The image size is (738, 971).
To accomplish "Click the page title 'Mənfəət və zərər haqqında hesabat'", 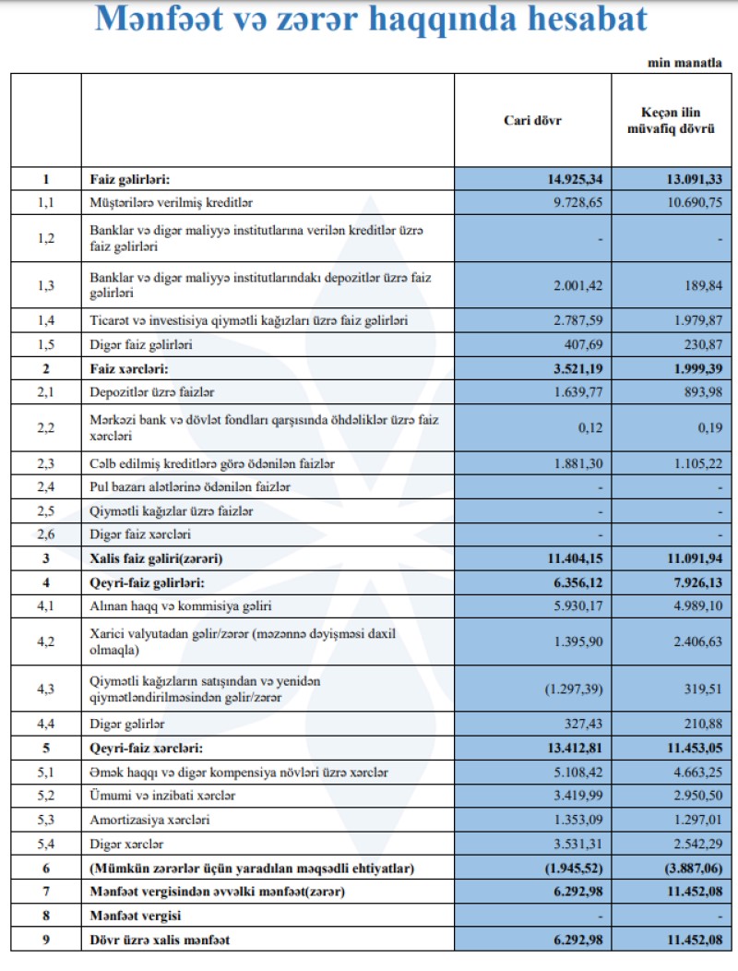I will click(x=370, y=20).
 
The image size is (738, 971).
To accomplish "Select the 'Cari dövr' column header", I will click(x=532, y=121).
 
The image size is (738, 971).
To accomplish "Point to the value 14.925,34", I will click(x=572, y=179).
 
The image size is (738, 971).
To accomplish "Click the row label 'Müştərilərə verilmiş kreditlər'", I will click(x=173, y=201).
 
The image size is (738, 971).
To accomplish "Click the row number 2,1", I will click(x=46, y=393).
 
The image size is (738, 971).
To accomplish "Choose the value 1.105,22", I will click(x=689, y=462).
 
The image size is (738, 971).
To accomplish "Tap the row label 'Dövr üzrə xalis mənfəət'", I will click(x=159, y=941).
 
